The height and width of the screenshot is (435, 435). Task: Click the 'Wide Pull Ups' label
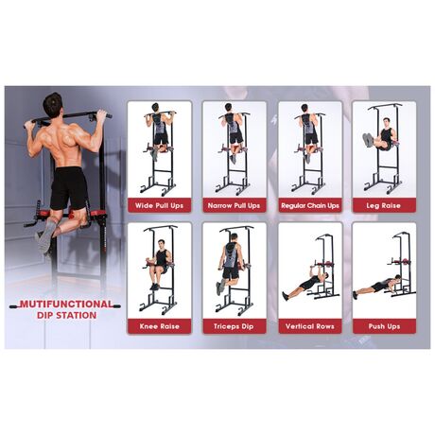point(159,205)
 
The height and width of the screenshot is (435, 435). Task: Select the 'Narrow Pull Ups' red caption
point(234,205)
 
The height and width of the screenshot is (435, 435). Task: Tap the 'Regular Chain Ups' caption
point(310,205)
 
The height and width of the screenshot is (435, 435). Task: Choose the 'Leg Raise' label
point(384,205)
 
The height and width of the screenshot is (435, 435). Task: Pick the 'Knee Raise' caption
point(159,326)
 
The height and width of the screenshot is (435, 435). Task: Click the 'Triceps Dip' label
point(234,326)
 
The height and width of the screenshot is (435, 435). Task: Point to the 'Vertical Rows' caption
point(310,326)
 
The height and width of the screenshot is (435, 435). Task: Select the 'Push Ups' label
point(384,326)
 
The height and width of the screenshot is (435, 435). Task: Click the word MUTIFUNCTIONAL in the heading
point(66,304)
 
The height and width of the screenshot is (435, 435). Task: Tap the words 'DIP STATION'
point(66,315)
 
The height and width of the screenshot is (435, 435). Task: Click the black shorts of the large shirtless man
point(68,187)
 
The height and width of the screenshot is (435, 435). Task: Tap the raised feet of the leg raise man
point(368,139)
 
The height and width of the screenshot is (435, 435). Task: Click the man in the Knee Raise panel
point(160,263)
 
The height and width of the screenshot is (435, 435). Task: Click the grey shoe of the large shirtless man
point(44,236)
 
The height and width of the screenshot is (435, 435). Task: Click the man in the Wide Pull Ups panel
point(160,130)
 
